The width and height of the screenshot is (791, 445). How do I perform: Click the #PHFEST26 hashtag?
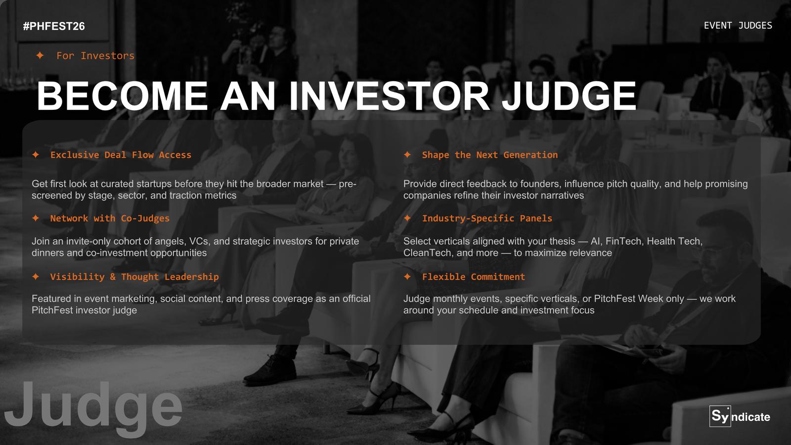[54, 26]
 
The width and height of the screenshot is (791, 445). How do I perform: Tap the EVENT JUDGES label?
[738, 26]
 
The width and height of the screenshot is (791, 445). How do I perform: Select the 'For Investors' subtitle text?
[95, 55]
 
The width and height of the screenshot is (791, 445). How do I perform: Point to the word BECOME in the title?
[122, 96]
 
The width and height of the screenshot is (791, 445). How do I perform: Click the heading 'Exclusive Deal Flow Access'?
[121, 155]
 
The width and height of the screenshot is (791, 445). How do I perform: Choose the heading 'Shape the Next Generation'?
[490, 155]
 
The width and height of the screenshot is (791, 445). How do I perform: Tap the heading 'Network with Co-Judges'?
[110, 218]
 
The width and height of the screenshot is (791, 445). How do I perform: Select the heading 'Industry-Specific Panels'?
[487, 218]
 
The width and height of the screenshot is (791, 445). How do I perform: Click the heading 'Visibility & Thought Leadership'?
[134, 276]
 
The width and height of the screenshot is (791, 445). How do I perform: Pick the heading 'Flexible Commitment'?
[474, 276]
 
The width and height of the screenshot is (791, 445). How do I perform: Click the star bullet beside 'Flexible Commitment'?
[407, 276]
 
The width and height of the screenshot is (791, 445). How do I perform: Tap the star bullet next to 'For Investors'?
[40, 55]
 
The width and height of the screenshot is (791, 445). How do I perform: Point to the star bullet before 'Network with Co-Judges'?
[35, 218]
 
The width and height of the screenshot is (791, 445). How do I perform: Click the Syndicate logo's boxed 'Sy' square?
[720, 416]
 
